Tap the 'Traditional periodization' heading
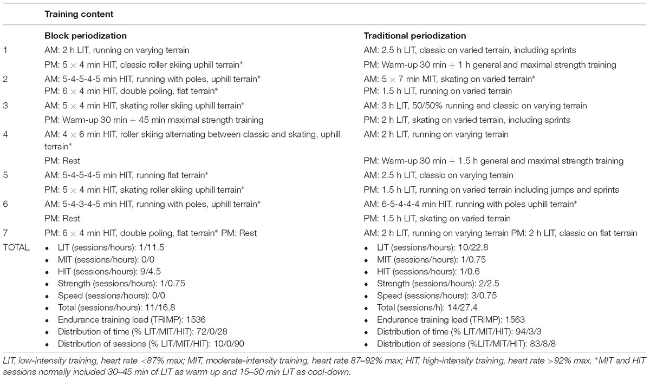(x=415, y=36)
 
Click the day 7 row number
(x=5, y=233)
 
